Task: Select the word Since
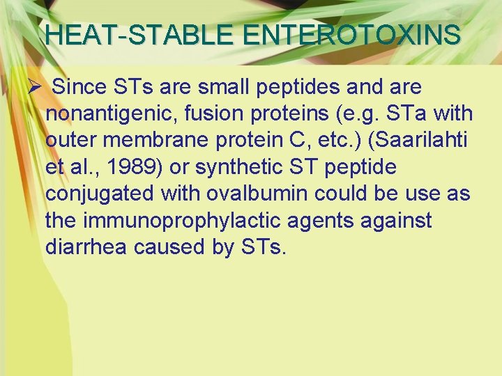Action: tap(79, 88)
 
